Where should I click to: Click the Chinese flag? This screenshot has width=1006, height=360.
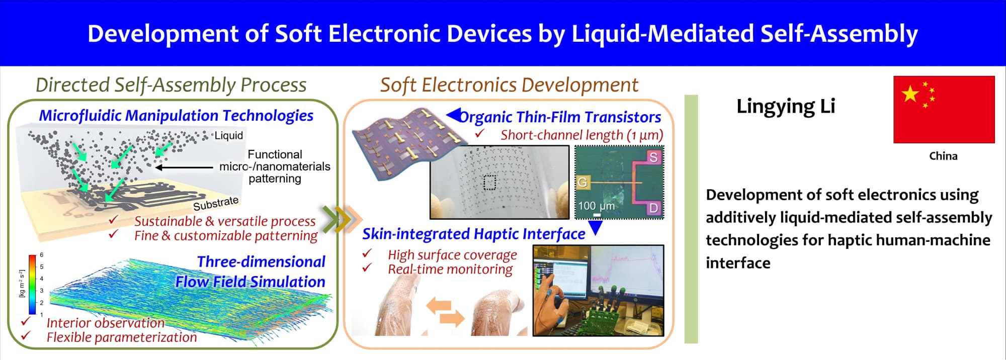pyautogui.click(x=944, y=110)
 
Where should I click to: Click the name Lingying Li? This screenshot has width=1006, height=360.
pyautogui.click(x=786, y=107)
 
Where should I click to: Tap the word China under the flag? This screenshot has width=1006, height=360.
pyautogui.click(x=943, y=156)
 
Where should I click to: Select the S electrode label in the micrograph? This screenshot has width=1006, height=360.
pyautogui.click(x=653, y=157)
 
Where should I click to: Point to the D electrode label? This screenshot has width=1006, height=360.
pyautogui.click(x=653, y=208)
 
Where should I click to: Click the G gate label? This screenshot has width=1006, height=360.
pyautogui.click(x=582, y=182)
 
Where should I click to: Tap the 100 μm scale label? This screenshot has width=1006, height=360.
pyautogui.click(x=596, y=206)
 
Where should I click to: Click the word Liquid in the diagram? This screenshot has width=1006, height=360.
pyautogui.click(x=229, y=135)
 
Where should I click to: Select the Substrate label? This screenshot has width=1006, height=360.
pyautogui.click(x=216, y=203)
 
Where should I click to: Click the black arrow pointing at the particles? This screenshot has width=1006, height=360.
pyautogui.click(x=184, y=167)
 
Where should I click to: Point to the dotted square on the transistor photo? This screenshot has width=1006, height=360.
pyautogui.click(x=489, y=182)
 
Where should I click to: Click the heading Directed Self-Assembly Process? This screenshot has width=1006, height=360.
pyautogui.click(x=171, y=85)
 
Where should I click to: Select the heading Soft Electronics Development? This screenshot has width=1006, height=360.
pyautogui.click(x=509, y=85)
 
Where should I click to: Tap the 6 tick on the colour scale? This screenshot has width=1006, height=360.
pyautogui.click(x=42, y=255)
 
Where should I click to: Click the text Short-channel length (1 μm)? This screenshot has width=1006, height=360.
pyautogui.click(x=582, y=135)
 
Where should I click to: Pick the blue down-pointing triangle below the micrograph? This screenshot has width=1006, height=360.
pyautogui.click(x=596, y=228)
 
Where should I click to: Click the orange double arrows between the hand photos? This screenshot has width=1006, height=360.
pyautogui.click(x=446, y=311)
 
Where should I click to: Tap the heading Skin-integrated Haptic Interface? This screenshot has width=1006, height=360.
pyautogui.click(x=474, y=234)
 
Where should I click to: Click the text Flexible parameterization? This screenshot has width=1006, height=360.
pyautogui.click(x=122, y=337)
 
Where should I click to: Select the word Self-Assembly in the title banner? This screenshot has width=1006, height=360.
pyautogui.click(x=839, y=34)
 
